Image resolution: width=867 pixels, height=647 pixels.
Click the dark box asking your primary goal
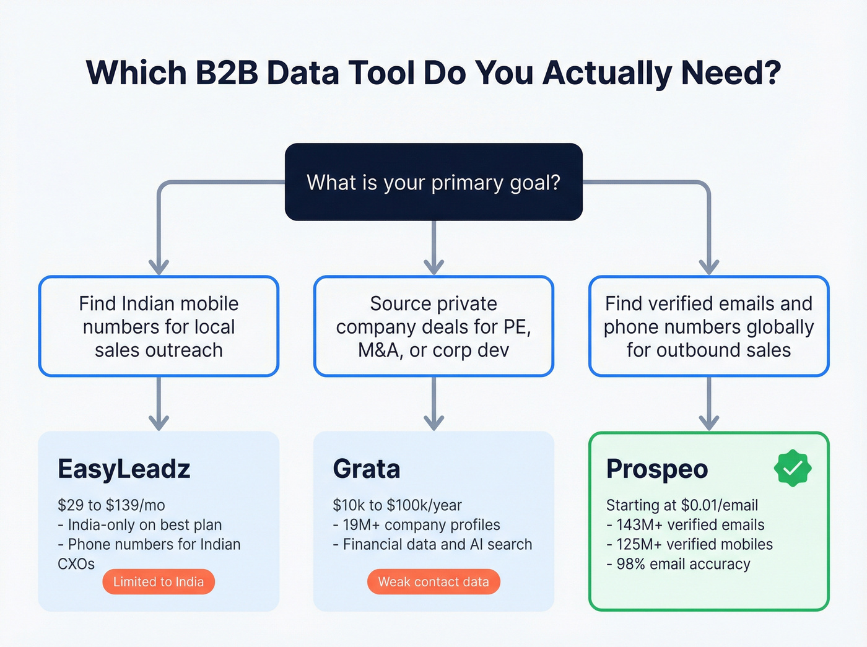434,182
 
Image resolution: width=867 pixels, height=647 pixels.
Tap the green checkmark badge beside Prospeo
792,469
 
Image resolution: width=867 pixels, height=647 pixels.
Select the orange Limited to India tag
159,582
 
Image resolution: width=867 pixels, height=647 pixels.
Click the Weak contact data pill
434,582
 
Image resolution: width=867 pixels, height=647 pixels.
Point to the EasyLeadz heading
124,469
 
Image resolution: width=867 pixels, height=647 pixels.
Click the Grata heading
367,469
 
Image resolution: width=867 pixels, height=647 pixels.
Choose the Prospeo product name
657,469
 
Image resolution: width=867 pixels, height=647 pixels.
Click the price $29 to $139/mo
111,505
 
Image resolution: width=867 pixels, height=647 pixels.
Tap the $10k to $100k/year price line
398,505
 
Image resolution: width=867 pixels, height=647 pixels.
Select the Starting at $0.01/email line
682,505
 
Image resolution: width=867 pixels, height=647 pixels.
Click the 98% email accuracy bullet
679,564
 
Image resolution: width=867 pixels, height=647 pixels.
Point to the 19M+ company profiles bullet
417,525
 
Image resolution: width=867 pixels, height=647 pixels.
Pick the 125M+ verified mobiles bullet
690,544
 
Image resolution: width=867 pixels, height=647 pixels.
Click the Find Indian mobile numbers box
159,326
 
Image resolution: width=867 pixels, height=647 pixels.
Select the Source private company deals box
434,326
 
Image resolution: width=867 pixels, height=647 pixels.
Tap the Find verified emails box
708,326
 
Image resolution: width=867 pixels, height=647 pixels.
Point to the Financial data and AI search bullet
433,544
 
